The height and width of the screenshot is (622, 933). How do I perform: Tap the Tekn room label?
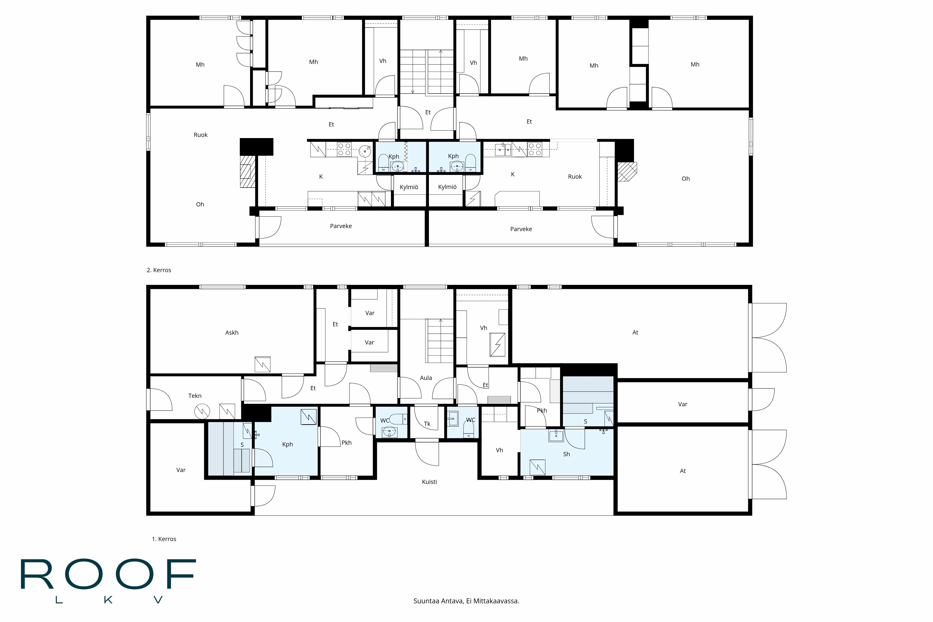195,396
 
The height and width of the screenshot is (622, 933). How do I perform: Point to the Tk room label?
427,424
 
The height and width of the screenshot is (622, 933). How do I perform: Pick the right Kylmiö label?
447,187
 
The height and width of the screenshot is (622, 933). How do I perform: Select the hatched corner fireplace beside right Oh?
626,171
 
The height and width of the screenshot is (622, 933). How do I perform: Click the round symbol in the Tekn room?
202,411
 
